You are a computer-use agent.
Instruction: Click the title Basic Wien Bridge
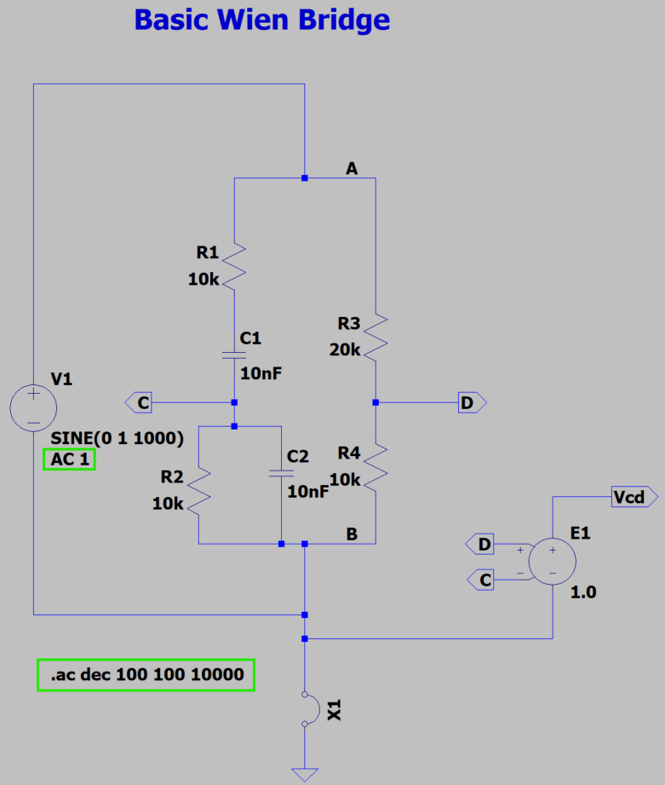click(261, 20)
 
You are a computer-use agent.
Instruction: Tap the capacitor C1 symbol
click(234, 354)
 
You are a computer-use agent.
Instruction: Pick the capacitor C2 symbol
click(280, 472)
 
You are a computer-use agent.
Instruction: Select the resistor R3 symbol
click(375, 335)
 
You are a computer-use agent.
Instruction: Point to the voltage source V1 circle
click(32, 407)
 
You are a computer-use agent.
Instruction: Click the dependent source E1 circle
click(552, 561)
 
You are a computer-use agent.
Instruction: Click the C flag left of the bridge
click(140, 402)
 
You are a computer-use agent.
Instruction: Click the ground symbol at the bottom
click(305, 774)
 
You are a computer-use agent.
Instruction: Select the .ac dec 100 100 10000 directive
click(146, 675)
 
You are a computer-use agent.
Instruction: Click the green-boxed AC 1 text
click(69, 459)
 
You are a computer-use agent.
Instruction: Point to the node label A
click(352, 169)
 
